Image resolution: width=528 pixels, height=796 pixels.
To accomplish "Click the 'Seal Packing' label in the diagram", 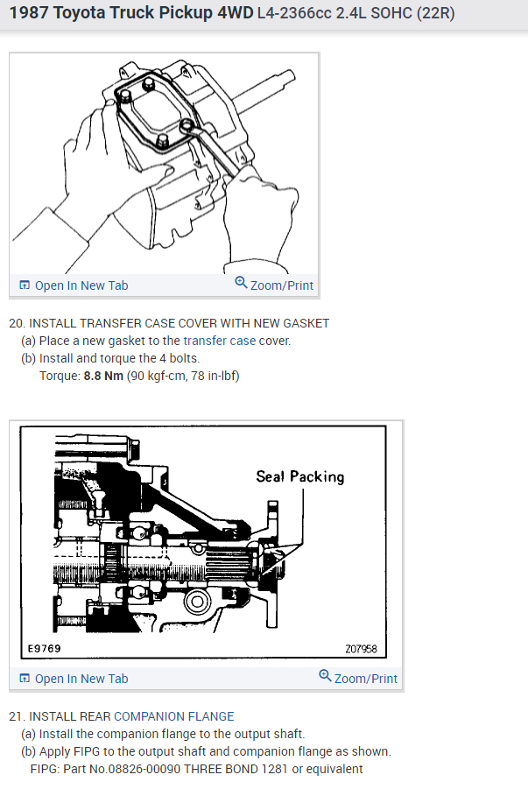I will click(299, 476).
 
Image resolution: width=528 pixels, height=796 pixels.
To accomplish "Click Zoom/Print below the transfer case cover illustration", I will click(274, 285).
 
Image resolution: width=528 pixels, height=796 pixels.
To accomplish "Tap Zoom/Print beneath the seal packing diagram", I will click(358, 678).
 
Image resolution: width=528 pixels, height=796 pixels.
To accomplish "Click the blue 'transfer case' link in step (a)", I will click(219, 341).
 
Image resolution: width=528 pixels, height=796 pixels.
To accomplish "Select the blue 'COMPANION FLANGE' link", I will click(174, 716).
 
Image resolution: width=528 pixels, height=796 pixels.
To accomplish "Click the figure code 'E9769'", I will click(44, 649).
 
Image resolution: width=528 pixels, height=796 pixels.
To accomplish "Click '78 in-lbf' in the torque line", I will click(209, 376).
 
